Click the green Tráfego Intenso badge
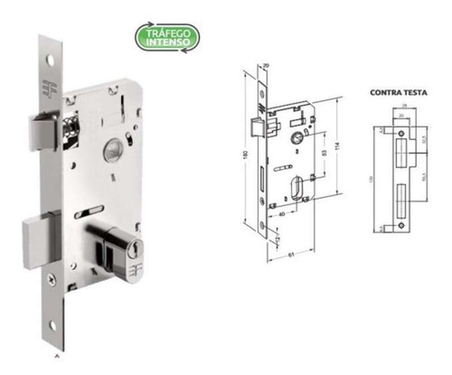click(x=167, y=37)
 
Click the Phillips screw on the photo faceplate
click(x=53, y=278)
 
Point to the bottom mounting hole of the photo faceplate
click(x=53, y=325)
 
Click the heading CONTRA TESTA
click(x=398, y=91)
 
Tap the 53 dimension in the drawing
click(x=324, y=153)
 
